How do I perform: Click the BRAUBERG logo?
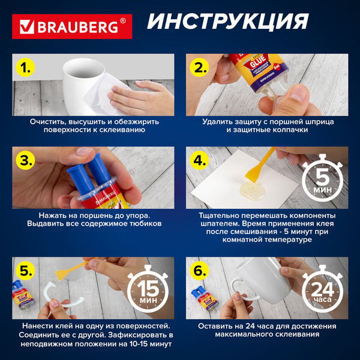click(x=72, y=26)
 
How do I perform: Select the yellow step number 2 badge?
click(x=200, y=67)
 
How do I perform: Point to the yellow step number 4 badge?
click(x=200, y=161)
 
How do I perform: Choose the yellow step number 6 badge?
click(x=200, y=271)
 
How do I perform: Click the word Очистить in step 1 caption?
click(x=48, y=121)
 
